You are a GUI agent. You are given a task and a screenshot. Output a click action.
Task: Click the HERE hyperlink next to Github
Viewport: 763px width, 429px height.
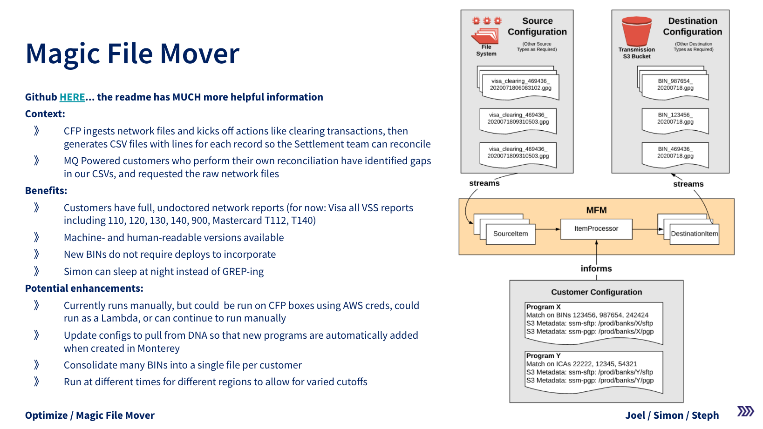[72, 97]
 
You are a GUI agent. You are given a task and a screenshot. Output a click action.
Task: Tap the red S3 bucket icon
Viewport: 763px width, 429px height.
[636, 31]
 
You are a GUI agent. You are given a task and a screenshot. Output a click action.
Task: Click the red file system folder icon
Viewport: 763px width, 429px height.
[485, 36]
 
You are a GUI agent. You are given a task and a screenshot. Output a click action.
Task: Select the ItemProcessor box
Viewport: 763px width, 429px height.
[596, 229]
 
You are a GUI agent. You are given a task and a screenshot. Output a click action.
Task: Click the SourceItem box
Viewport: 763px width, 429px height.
[511, 234]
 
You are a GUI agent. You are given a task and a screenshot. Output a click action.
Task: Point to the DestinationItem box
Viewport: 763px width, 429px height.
[694, 234]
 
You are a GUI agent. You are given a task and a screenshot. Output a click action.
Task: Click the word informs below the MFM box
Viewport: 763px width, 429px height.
[596, 268]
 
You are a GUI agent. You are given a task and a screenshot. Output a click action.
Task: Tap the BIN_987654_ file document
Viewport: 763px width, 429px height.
[675, 85]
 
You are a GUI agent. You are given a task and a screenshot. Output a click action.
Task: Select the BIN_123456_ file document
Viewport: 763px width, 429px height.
[675, 119]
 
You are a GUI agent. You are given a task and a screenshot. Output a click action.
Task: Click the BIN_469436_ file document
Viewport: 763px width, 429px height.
[675, 154]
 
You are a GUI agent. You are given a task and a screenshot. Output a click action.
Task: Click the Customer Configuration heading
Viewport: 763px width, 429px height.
[596, 292]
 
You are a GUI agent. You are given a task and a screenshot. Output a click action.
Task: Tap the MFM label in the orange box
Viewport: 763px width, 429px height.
[596, 210]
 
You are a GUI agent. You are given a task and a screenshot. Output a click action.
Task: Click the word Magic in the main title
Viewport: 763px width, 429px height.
[63, 54]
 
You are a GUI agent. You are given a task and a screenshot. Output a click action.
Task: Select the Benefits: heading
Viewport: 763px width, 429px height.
[46, 191]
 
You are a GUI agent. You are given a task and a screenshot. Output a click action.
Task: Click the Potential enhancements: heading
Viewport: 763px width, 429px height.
[84, 288]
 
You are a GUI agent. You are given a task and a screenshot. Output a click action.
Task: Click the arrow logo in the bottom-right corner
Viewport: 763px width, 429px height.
[745, 411]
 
